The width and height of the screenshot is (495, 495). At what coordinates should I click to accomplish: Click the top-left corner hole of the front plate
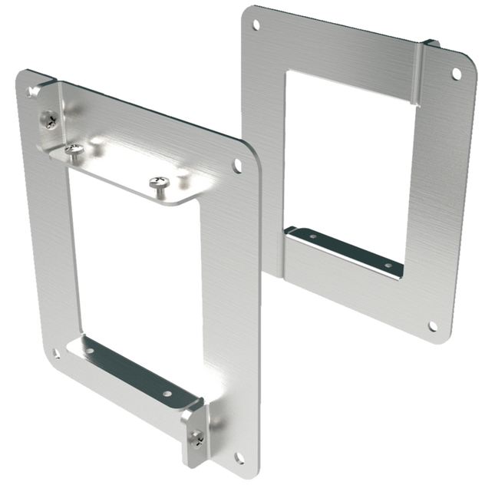(33, 92)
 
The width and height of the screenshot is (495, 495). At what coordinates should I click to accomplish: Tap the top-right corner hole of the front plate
(237, 164)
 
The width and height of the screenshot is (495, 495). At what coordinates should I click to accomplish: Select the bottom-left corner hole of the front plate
(56, 354)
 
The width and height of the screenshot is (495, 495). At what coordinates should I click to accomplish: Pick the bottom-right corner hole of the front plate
(239, 457)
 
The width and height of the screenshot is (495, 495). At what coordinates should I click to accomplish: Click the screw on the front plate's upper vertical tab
(49, 119)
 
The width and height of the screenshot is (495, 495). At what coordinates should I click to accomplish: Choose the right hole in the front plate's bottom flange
(167, 393)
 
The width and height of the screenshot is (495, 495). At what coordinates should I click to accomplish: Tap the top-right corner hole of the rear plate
(456, 74)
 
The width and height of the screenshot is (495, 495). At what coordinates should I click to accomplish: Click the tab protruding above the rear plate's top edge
(431, 44)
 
